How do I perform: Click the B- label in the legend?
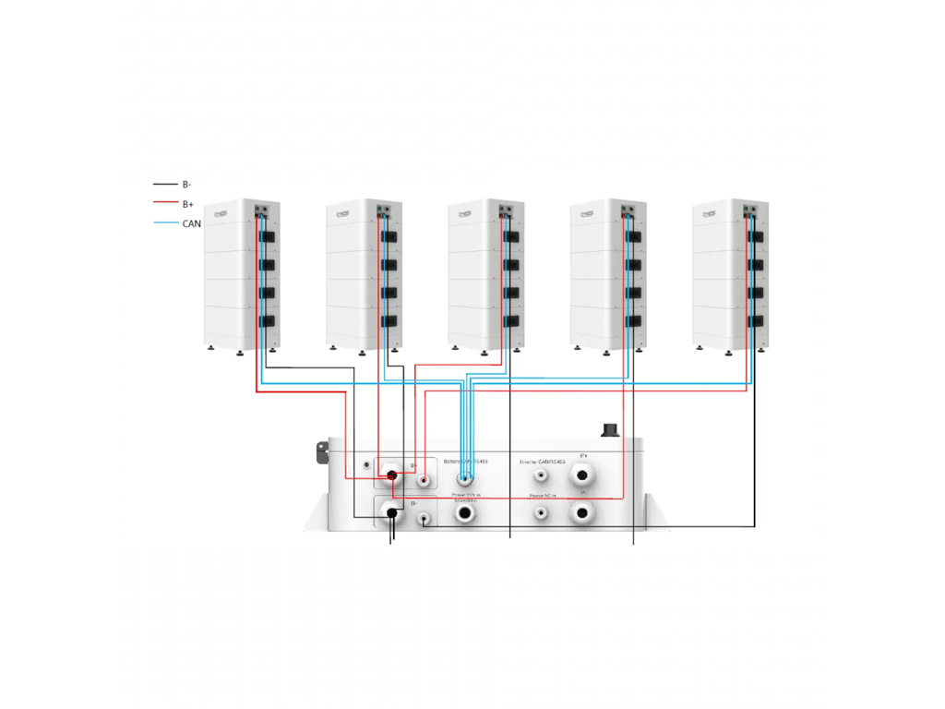pyautogui.click(x=186, y=185)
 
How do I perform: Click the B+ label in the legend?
pyautogui.click(x=187, y=204)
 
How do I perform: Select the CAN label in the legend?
pyautogui.click(x=191, y=223)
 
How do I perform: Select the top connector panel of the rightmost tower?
pyautogui.click(x=752, y=210)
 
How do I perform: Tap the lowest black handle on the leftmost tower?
pyautogui.click(x=268, y=321)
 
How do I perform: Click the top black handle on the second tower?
pyautogui.click(x=389, y=237)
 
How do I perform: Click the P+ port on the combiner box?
pyautogui.click(x=582, y=477)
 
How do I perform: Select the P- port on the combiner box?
pyautogui.click(x=582, y=513)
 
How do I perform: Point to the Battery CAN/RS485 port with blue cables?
pyautogui.click(x=465, y=478)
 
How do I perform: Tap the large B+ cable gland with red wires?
pyautogui.click(x=391, y=476)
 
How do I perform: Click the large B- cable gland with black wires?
pyautogui.click(x=391, y=512)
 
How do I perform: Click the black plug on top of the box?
pyautogui.click(x=610, y=429)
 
